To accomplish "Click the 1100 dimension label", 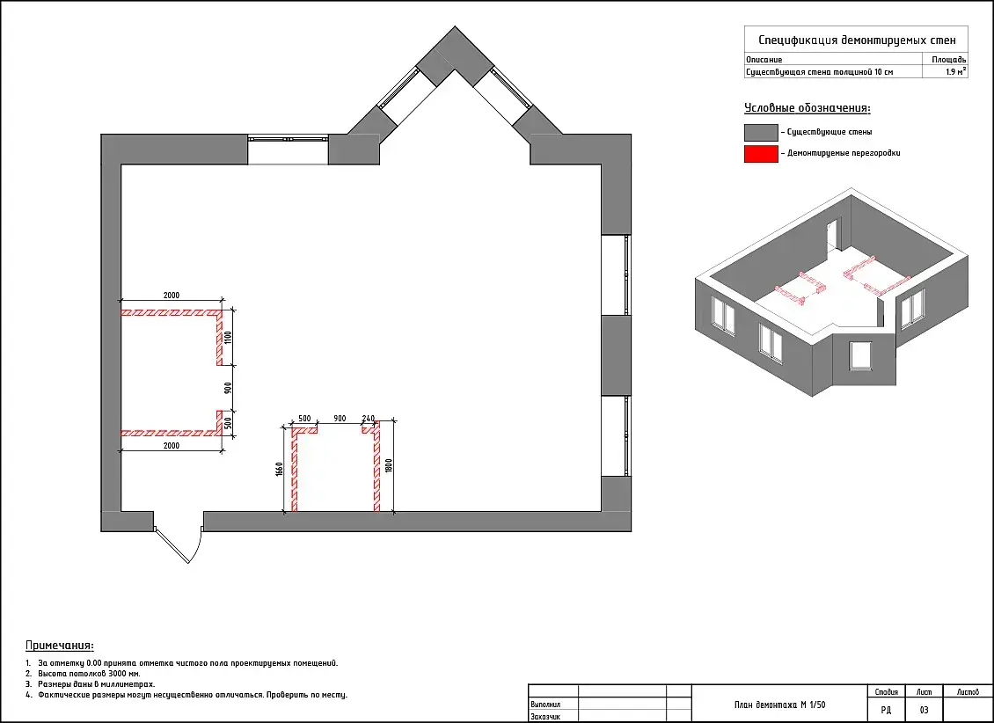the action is point(229,337).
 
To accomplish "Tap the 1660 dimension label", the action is point(279,469).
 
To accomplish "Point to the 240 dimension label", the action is point(369,418).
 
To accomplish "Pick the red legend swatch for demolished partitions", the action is point(761,154).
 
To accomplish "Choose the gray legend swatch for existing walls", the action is point(761,133).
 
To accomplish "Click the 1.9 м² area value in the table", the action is point(956,71).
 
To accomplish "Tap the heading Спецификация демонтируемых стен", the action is point(857,40).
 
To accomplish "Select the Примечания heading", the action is point(60,646).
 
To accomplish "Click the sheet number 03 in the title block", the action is point(924,710).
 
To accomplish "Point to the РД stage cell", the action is point(886,710).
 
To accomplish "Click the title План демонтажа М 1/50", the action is point(779,705).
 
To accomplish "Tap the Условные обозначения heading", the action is point(807,107).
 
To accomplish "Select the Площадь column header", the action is point(949,60).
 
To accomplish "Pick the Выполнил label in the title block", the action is point(545,705).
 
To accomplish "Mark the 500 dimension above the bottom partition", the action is point(304,418).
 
